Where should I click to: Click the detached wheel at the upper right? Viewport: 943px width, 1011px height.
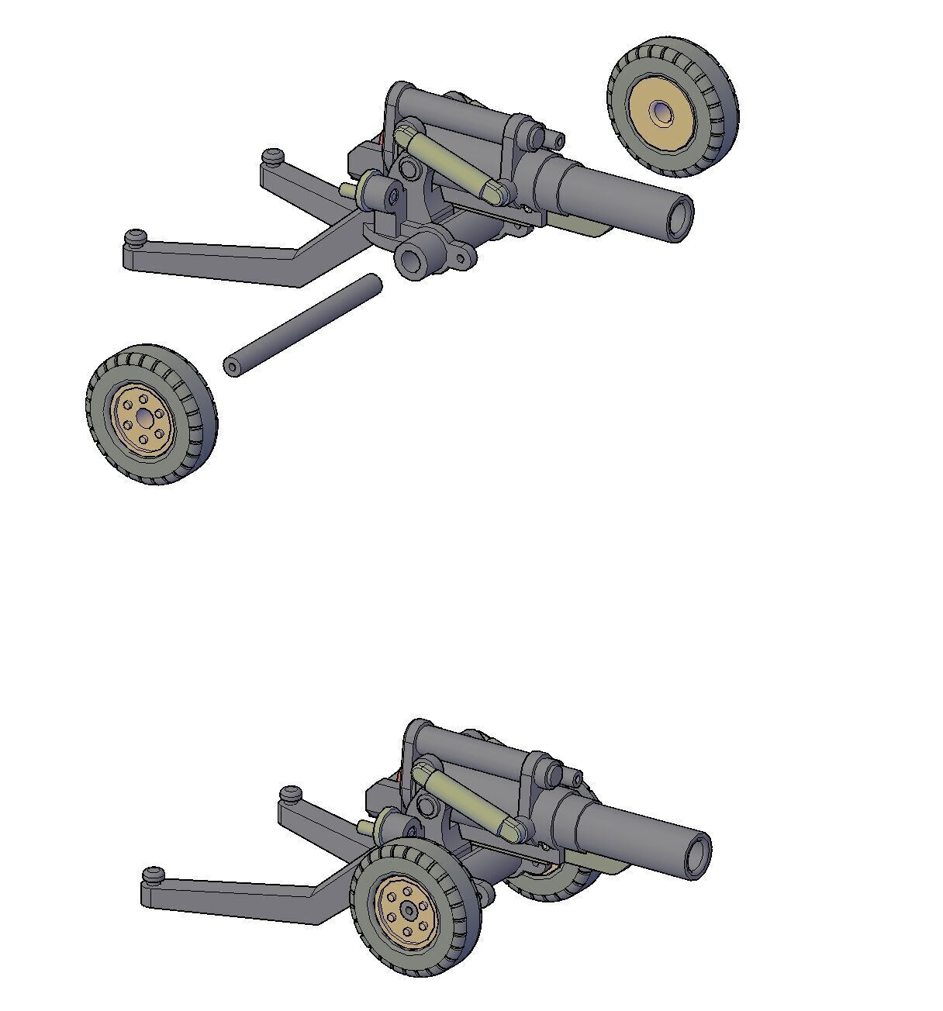672,107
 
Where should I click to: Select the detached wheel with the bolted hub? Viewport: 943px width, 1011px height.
151,415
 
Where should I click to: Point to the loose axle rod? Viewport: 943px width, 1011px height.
302,325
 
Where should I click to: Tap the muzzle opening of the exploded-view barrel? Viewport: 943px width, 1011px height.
680,218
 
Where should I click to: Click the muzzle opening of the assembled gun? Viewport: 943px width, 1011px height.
699,856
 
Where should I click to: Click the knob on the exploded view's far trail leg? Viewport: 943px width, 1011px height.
271,157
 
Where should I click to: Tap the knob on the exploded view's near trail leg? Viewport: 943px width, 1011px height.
136,236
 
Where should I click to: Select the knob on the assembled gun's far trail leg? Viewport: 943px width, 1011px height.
291,794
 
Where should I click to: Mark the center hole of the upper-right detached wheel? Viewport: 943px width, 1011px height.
661,113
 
